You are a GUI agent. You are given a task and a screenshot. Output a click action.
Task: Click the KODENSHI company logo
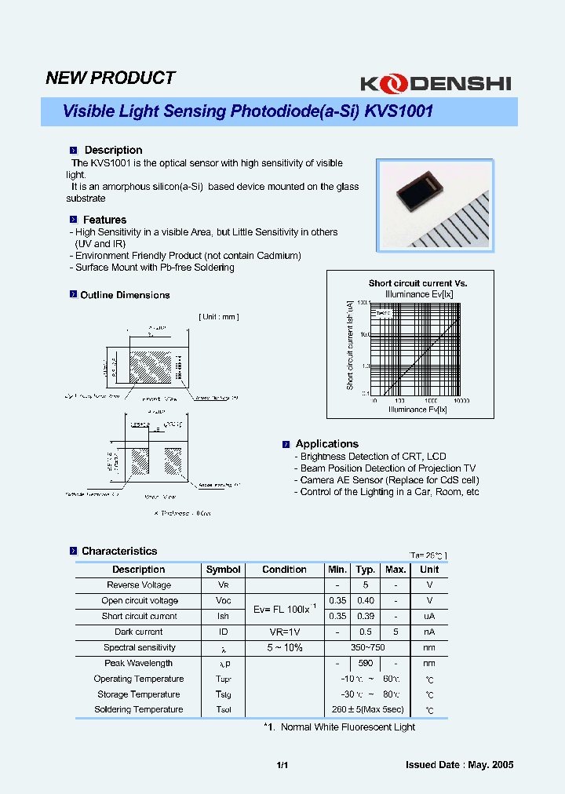coord(435,82)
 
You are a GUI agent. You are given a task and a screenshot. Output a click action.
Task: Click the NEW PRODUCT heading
coord(110,78)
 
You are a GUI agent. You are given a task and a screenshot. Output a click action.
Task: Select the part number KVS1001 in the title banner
coord(398,111)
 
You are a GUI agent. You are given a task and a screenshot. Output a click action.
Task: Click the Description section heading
coord(113,150)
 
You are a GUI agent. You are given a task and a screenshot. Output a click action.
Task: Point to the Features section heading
coord(104,220)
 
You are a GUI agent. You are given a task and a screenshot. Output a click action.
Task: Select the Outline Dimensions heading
coord(125,295)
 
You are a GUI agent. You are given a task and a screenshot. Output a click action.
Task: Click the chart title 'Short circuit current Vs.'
coord(417,283)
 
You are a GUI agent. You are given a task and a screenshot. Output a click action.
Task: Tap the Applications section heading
coord(326,443)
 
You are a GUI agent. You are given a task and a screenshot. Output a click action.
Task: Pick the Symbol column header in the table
coord(224,570)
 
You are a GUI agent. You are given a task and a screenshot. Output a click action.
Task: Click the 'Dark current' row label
coord(139,632)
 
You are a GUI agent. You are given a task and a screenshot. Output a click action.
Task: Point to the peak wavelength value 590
coord(365,663)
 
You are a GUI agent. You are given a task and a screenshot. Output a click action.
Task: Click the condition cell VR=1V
coord(284,632)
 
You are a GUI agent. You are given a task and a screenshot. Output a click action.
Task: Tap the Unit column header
coord(429,570)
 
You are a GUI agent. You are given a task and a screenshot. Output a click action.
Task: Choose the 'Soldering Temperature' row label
coord(139,709)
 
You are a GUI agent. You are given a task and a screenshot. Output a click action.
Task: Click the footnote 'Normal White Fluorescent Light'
coord(348,727)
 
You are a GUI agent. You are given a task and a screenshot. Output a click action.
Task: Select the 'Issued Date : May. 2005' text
coord(459,765)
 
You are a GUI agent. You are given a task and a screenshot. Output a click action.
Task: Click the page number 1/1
coord(283,765)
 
